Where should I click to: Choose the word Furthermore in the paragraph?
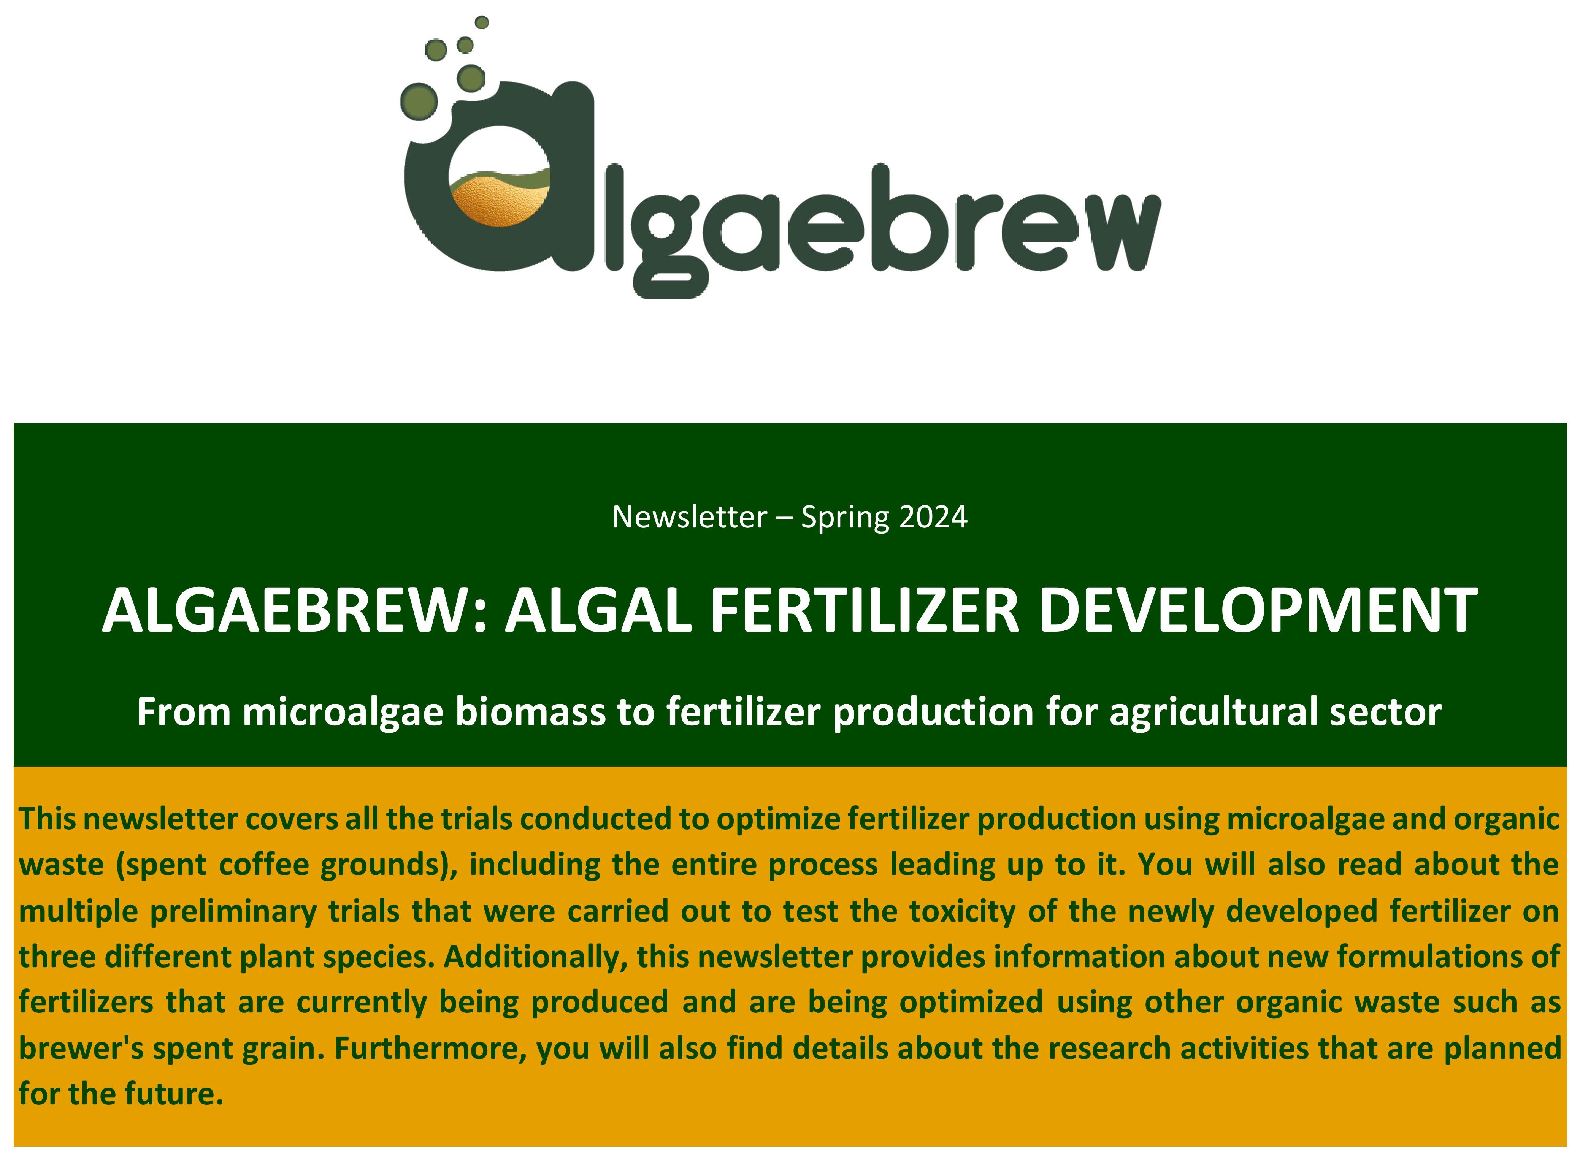[430, 1049]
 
